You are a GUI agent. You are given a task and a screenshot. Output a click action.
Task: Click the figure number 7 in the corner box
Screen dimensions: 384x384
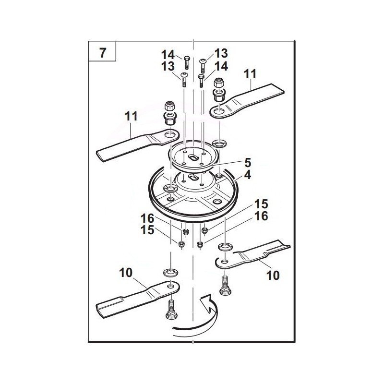[x=103, y=53]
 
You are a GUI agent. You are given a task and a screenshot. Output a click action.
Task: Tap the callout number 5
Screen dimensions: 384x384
[x=248, y=163]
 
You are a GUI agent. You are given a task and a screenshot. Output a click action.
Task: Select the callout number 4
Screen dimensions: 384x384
[x=248, y=175]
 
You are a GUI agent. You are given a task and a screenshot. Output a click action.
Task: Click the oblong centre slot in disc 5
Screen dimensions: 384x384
[x=193, y=157]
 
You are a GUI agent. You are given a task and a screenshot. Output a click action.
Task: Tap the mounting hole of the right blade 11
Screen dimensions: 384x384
[x=219, y=112]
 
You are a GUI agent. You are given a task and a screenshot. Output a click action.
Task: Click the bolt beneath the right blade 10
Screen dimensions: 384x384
[x=225, y=285]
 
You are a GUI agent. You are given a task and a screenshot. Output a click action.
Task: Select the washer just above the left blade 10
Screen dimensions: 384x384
[x=170, y=272]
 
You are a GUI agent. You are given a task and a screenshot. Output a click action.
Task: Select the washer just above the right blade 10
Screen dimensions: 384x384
[x=225, y=246]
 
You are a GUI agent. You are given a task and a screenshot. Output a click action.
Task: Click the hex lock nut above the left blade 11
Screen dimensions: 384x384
[x=169, y=106]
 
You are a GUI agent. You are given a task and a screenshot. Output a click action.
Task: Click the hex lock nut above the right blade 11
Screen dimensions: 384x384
[x=219, y=83]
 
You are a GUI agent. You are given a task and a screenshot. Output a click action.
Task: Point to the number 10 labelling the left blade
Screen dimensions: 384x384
[x=126, y=273]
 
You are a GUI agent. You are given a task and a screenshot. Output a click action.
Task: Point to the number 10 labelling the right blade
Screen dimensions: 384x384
[x=273, y=276]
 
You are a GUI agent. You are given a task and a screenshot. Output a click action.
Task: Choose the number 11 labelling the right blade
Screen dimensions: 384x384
[x=250, y=74]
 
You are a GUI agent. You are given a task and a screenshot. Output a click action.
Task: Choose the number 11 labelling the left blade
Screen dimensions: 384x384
[x=131, y=116]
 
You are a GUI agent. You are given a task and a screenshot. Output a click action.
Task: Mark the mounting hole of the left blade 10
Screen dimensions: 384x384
[x=171, y=286]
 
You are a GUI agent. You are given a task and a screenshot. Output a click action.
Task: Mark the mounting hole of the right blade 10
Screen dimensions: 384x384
[x=224, y=262]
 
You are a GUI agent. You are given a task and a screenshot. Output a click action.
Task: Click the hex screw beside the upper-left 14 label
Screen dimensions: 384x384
[x=186, y=63]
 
